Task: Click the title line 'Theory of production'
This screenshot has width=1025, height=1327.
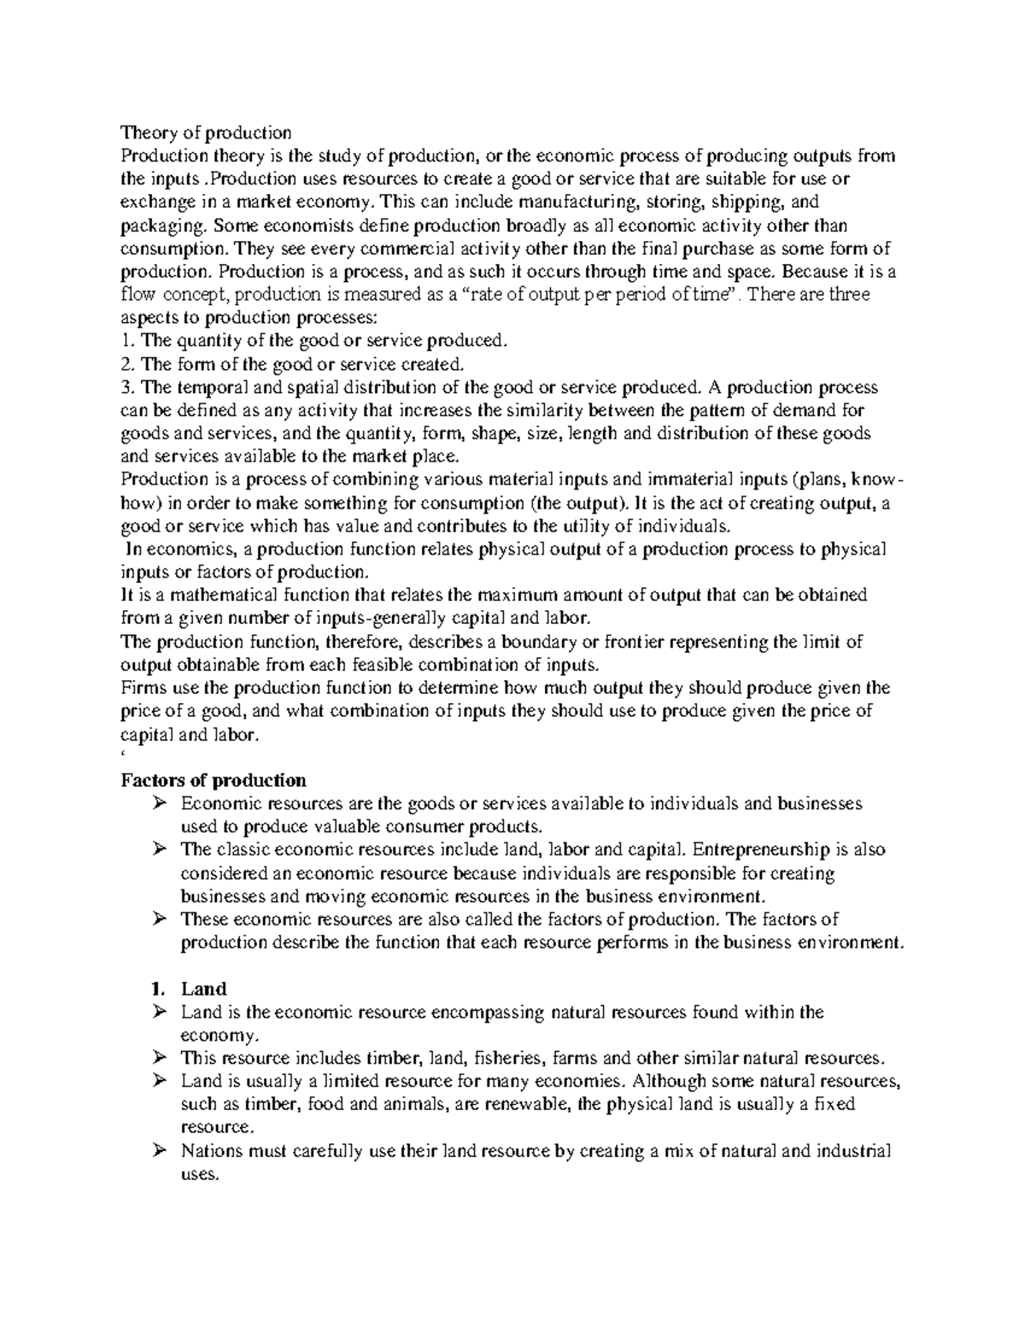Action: (206, 132)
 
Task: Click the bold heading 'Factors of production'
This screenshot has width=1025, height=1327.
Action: (214, 780)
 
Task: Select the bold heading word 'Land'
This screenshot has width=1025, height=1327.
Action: (203, 989)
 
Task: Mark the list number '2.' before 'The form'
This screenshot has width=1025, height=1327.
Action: (129, 364)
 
